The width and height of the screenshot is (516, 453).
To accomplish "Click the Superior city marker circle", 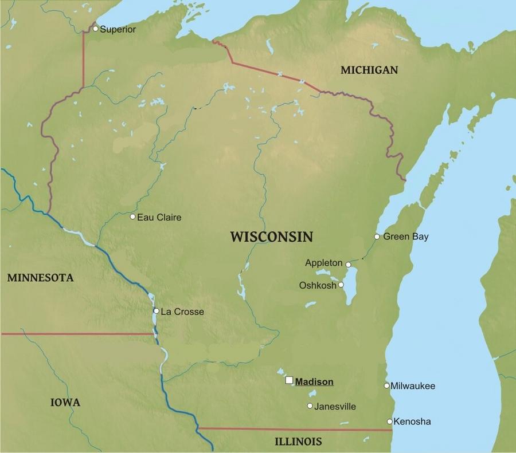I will tap(95, 29).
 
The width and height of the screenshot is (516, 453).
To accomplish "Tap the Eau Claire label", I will tap(159, 217).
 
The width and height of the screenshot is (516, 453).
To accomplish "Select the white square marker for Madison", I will tap(289, 380).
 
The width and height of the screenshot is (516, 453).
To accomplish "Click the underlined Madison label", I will tap(314, 382).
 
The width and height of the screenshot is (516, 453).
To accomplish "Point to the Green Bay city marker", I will tap(377, 237).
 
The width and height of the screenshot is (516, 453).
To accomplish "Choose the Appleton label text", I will tap(323, 263).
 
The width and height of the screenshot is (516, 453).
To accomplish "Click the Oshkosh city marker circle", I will tap(341, 285).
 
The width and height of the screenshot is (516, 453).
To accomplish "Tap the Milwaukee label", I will tap(413, 386).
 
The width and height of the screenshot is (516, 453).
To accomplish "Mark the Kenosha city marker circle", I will tap(390, 422).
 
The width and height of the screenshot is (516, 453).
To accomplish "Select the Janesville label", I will tap(335, 407).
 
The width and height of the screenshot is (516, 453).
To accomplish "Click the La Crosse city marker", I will tap(155, 311).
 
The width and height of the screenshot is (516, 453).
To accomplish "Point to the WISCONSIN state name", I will tap(271, 237).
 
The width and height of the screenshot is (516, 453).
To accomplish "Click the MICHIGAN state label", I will tap(369, 70).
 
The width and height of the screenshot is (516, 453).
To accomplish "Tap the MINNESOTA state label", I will tap(40, 278).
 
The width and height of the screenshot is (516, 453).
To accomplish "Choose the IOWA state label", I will tap(65, 402).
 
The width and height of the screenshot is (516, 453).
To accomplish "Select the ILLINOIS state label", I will tap(298, 442).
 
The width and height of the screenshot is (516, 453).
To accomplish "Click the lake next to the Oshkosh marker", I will tap(349, 292).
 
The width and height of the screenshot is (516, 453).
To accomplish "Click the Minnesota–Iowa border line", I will tap(75, 333).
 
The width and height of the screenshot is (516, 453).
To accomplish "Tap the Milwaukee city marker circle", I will tap(386, 385).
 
